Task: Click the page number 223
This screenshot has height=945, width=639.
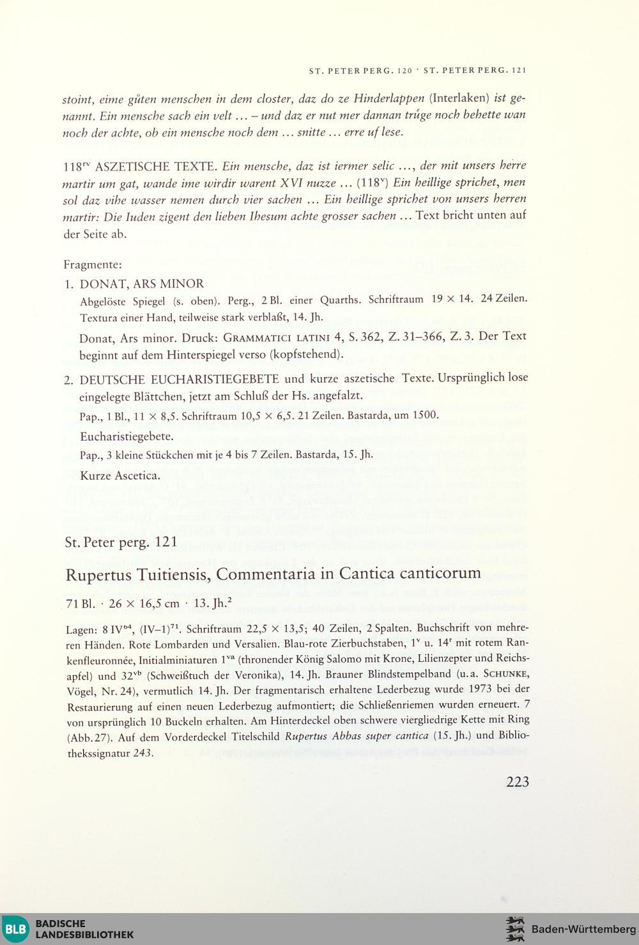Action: click(x=517, y=781)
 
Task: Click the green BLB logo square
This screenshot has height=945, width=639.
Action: click(x=15, y=928)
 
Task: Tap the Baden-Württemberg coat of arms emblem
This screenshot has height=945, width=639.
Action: click(x=514, y=928)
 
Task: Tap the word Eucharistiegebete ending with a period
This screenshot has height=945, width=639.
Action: click(x=127, y=437)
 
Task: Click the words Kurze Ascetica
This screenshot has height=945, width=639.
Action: click(x=119, y=475)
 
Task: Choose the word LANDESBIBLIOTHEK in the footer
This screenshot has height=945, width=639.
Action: click(x=84, y=934)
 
